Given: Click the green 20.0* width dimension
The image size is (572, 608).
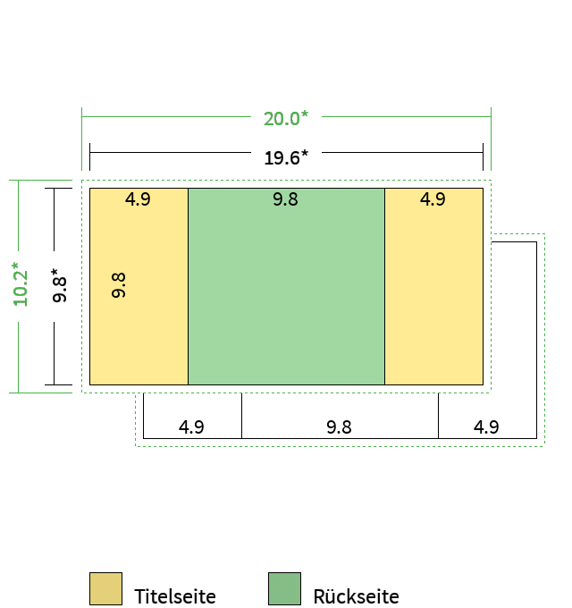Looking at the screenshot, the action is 286,118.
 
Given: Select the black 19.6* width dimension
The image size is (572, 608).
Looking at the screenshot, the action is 286,158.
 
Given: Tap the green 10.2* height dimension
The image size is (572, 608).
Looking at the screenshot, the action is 21,284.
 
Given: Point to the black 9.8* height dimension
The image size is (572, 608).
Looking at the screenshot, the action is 59,285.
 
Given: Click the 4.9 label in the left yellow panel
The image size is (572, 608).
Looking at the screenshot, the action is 138,199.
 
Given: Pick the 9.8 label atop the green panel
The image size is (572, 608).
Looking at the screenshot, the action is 286,199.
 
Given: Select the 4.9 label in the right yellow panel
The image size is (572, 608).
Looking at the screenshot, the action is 433,199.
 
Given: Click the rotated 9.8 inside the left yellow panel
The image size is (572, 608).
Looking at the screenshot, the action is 119,285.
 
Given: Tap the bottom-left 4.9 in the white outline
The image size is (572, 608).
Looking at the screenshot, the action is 191,426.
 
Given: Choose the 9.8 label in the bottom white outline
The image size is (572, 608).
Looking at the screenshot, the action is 339,426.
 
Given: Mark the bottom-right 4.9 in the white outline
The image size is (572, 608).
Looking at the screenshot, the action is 486,426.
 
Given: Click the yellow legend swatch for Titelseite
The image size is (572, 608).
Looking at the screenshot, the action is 105,588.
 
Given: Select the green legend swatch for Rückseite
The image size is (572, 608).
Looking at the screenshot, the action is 284,588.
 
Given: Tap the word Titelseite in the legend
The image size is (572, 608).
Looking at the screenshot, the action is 175,596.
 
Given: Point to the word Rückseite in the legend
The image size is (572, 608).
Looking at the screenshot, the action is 356,596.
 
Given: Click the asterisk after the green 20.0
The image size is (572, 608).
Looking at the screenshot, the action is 305,114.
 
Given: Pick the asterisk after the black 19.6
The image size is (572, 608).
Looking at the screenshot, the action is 305,154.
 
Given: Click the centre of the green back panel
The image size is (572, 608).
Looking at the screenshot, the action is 286,286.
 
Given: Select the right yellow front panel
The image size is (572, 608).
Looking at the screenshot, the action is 434,286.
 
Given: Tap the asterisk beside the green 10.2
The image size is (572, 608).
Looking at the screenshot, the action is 15,266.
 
